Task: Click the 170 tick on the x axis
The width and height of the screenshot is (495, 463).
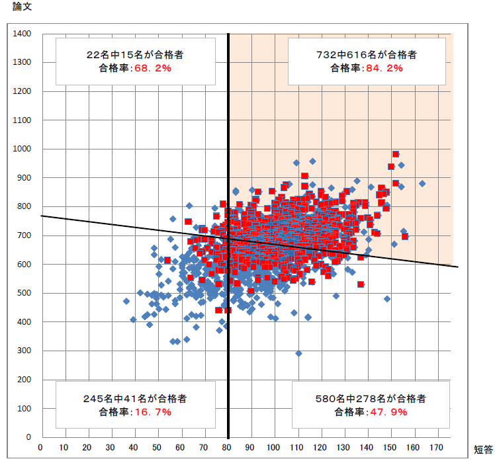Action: point(437,447)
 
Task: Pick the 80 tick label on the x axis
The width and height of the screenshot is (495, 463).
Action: point(228,447)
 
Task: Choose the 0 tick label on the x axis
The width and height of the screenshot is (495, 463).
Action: point(40,447)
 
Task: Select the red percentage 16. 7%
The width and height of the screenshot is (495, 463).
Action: point(152,411)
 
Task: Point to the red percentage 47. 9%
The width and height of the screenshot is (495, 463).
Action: point(386,411)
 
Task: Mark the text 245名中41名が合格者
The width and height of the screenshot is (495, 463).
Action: point(135,399)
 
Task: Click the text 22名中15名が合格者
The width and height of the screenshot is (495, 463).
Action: point(135,55)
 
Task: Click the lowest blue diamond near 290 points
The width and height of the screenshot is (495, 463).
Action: point(298,354)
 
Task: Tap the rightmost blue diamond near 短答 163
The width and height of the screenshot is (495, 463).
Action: point(422,184)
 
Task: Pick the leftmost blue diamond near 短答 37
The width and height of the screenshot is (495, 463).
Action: point(126,301)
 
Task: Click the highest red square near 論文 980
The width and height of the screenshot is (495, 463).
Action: point(396,154)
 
